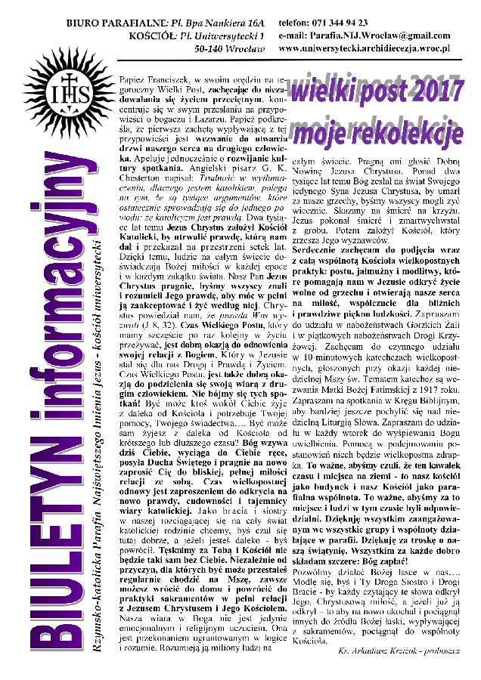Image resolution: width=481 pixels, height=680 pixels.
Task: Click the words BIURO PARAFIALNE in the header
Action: (x=113, y=23)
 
